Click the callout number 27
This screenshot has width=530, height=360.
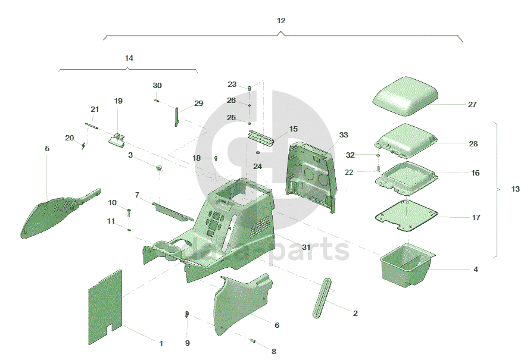pyautogui.click(x=472, y=105)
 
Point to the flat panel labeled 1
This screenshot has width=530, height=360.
pyautogui.click(x=106, y=306)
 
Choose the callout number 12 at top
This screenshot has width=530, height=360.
pyautogui.click(x=281, y=21)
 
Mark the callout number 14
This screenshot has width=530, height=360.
pyautogui.click(x=129, y=58)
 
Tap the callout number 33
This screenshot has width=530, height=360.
pyautogui.click(x=344, y=135)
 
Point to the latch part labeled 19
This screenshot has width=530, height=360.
pyautogui.click(x=117, y=139)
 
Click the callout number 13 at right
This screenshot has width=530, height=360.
pyautogui.click(x=515, y=189)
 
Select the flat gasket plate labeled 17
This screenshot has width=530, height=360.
pyautogui.click(x=405, y=215)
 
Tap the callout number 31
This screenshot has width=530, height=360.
pyautogui.click(x=306, y=247)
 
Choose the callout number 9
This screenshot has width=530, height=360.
pyautogui.click(x=187, y=343)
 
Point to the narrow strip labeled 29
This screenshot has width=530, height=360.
pyautogui.click(x=177, y=116)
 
